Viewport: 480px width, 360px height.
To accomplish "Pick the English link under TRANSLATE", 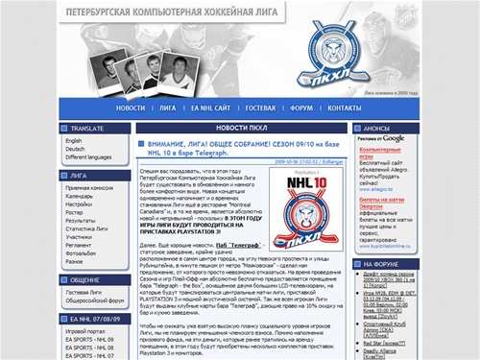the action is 74,141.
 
